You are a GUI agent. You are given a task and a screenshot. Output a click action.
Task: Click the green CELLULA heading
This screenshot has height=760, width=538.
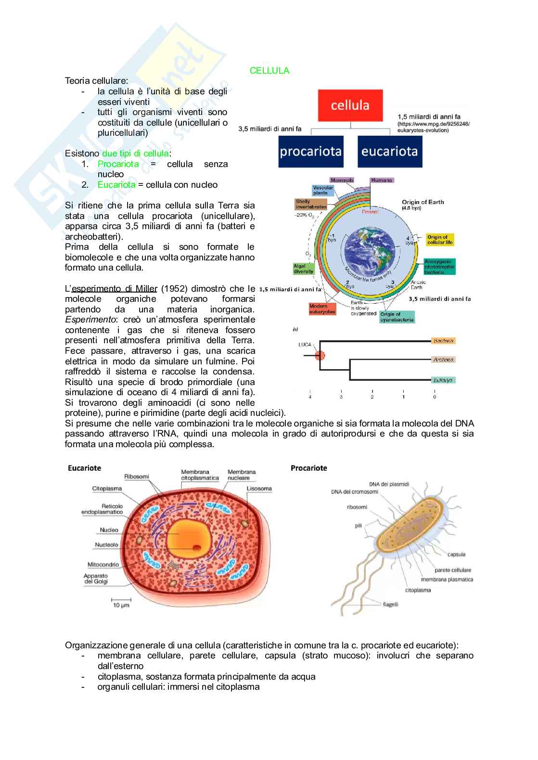coord(269,71)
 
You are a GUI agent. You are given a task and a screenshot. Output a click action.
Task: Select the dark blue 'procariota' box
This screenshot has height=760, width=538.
coord(310,152)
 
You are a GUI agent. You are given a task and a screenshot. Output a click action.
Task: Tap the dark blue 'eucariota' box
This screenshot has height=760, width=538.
coord(389,152)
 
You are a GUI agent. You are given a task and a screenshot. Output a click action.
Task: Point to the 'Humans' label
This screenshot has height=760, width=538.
coord(382,180)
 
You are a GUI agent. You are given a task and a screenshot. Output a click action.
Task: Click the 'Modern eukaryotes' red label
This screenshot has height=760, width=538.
coord(322,309)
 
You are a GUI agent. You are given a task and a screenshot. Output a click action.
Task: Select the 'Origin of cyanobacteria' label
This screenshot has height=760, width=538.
coord(397,317)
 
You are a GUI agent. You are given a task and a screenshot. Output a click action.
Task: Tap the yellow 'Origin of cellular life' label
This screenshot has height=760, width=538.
coord(440,240)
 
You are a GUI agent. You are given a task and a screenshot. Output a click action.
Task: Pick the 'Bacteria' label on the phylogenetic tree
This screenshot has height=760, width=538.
coord(443,341)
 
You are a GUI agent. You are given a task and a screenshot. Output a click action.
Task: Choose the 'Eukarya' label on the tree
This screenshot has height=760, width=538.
coord(443,380)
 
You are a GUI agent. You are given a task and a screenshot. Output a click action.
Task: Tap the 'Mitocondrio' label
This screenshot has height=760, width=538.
coord(103,565)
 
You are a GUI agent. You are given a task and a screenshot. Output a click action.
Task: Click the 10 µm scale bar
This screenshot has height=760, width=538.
coord(120,602)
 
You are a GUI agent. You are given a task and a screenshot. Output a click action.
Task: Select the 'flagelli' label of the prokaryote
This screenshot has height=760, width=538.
coord(390,605)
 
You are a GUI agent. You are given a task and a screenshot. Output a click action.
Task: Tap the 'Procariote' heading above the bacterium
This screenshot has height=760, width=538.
coord(308,468)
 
